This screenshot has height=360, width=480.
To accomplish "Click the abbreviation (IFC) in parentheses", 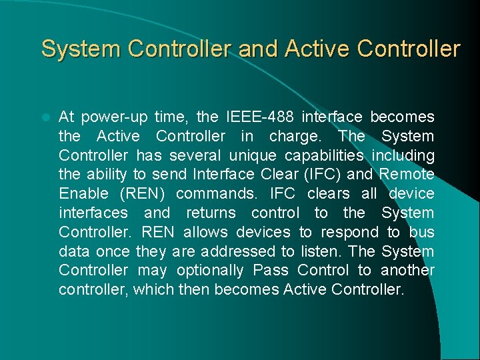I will (x=322, y=175).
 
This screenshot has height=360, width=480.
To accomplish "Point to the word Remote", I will (x=407, y=175).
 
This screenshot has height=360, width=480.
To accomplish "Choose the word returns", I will (x=211, y=213).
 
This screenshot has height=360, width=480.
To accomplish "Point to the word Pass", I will (x=271, y=271).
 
